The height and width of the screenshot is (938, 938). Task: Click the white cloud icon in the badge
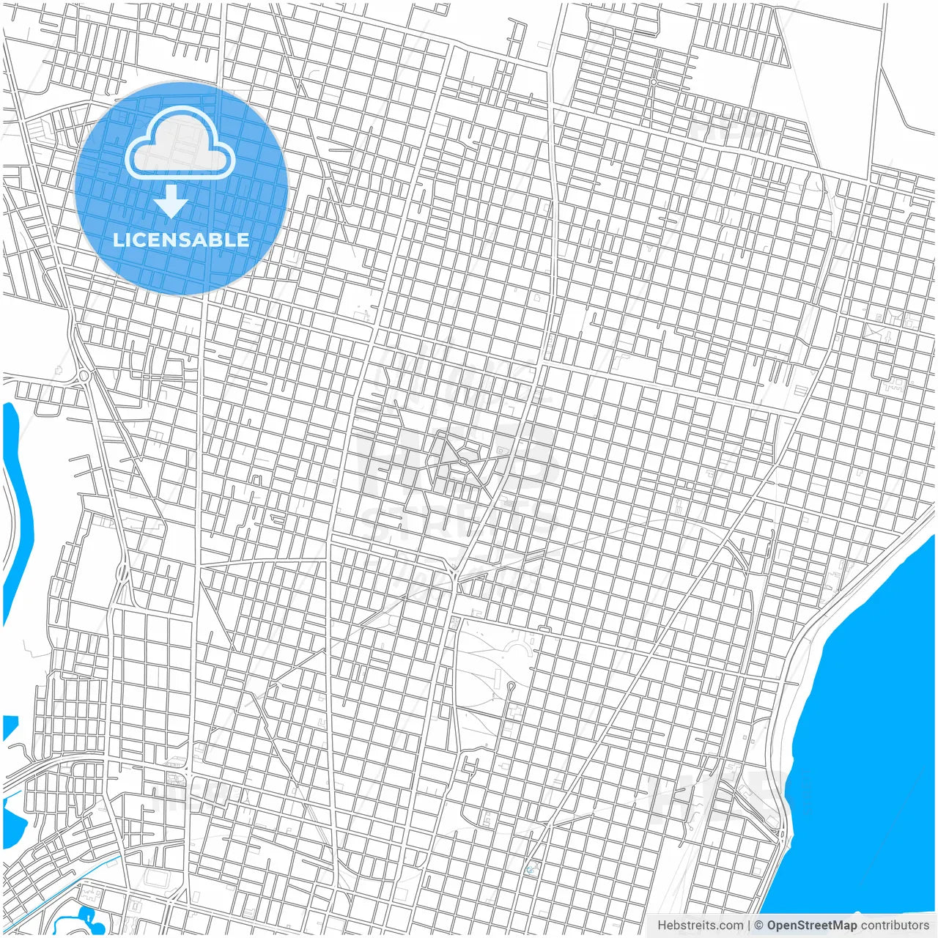(180, 143)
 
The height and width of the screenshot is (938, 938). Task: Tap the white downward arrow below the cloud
(171, 202)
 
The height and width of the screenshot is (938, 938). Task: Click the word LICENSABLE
(180, 240)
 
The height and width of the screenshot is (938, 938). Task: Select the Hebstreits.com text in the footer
(700, 926)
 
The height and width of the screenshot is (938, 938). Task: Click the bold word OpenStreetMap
(811, 926)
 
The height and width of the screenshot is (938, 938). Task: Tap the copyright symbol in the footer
(758, 926)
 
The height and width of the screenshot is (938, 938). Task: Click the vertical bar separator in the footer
(749, 926)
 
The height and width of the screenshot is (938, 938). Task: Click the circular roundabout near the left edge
(84, 376)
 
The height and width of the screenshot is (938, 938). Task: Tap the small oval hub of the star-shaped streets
(463, 462)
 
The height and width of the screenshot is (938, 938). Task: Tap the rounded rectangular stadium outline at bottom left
(157, 876)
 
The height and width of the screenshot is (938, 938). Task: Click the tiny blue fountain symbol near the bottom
(530, 869)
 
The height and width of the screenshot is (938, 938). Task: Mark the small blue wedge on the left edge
(9, 725)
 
